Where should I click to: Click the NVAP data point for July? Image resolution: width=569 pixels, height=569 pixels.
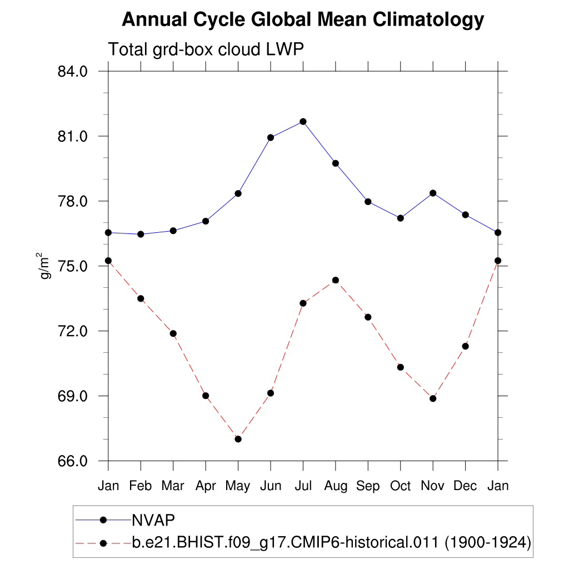coord(303,122)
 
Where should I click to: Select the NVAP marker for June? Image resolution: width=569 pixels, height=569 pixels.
coord(271,138)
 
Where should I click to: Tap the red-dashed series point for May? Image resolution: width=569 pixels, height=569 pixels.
coord(238,439)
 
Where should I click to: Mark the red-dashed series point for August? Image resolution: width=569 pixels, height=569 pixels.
coord(336,280)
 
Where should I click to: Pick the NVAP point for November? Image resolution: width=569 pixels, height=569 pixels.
coord(433,193)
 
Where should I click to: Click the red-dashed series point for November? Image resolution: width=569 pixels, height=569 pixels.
coord(433,398)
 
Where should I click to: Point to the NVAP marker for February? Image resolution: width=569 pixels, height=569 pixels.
coord(141,234)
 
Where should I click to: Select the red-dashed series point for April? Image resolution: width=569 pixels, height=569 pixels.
coord(206,396)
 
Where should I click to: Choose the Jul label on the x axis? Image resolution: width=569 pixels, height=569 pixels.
coord(303,486)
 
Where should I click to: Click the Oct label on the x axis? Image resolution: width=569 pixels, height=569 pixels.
coord(400,486)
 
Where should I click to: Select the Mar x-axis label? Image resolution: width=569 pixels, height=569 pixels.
coord(173,486)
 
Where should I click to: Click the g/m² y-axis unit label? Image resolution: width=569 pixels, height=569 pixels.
coord(44,266)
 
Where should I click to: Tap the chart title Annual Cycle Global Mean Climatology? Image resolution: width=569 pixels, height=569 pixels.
coord(303,20)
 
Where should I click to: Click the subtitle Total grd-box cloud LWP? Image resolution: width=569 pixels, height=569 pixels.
coord(206,49)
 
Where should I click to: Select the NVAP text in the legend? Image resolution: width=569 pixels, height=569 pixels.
coord(153,520)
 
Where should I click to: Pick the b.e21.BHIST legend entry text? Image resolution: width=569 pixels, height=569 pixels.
coord(331,542)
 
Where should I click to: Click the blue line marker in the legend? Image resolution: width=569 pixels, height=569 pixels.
coord(103,520)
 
